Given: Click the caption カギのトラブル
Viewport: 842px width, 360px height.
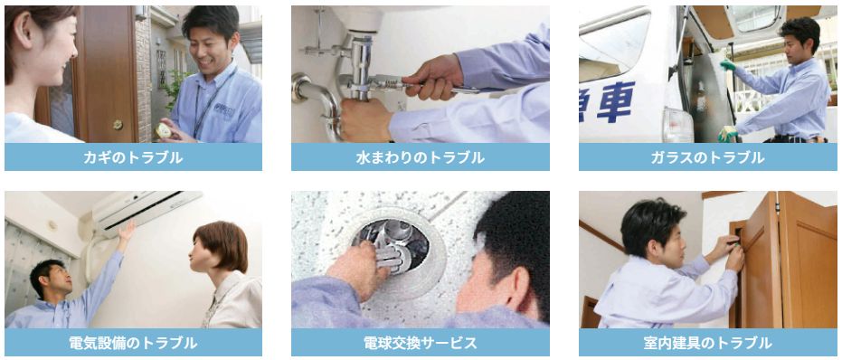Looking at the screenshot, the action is click(133, 157).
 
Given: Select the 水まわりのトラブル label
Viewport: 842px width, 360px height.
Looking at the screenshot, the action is click(421, 157).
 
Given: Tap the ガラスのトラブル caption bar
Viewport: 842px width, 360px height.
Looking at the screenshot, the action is click(708, 156).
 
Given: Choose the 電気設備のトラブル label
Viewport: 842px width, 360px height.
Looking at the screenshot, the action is click(133, 343).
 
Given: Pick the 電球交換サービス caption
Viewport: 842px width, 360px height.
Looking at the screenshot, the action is click(421, 343).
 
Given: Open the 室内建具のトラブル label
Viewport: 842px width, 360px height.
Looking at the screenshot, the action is click(708, 343).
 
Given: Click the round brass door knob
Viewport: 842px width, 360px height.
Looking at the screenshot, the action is click(118, 125).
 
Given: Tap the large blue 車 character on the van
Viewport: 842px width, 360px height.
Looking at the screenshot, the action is click(616, 101).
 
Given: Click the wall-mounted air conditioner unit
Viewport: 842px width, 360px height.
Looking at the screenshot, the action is click(147, 209).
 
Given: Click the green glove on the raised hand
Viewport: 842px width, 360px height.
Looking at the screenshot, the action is click(728, 65).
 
